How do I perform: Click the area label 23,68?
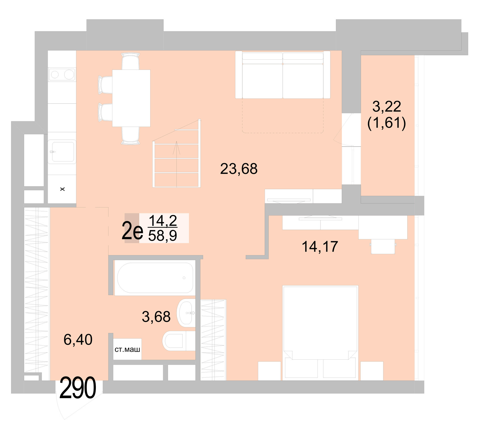click(x=239, y=169)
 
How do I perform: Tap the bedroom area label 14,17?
click(x=320, y=246)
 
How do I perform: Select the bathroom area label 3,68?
click(x=156, y=317)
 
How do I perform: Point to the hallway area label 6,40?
click(x=78, y=340)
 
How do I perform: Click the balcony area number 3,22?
click(x=387, y=106)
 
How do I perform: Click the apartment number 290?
click(x=78, y=388)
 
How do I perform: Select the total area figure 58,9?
click(x=163, y=236)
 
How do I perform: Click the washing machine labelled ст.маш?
click(x=127, y=349)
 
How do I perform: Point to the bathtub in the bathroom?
click(x=155, y=278)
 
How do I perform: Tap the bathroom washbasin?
click(x=186, y=313)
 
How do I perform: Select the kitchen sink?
click(x=62, y=152)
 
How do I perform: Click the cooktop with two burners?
click(x=62, y=75)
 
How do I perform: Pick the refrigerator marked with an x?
click(x=62, y=189)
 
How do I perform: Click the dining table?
click(x=131, y=98)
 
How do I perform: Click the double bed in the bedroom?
click(x=320, y=327)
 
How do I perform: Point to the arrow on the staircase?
click(x=176, y=148)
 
